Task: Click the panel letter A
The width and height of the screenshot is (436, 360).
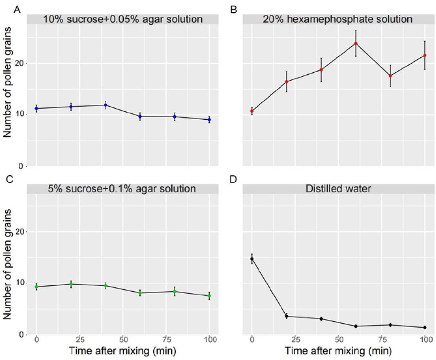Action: pos(17,10)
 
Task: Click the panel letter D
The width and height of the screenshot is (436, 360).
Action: pos(233,179)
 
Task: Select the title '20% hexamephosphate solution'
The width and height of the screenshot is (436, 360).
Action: pos(338,19)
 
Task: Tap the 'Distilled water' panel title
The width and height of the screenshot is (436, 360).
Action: pos(338,189)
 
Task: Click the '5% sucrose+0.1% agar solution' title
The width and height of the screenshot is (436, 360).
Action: pos(122,189)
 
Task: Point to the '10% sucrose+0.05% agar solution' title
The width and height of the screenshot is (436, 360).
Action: pos(123,19)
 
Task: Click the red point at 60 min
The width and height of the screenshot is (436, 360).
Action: pos(356,43)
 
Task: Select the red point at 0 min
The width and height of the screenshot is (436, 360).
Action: pos(252,111)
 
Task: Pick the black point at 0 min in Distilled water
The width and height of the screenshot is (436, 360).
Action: pos(252,259)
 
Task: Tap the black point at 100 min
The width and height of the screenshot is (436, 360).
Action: pos(425,328)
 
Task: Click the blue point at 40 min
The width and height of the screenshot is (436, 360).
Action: pos(106,105)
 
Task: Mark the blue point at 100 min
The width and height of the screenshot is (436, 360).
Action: pos(209,120)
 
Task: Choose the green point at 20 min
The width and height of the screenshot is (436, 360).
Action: pos(71,284)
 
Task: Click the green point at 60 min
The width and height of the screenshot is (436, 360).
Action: pos(140,293)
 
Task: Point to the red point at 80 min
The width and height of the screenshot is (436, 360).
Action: pos(390,76)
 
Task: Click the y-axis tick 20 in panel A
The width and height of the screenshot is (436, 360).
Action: pos(21,63)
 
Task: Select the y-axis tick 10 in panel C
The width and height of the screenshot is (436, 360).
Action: pos(21,283)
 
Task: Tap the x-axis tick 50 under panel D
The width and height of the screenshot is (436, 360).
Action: pos(339,340)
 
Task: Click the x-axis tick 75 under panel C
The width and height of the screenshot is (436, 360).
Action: pos(167,340)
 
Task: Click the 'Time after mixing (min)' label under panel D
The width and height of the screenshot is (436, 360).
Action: pos(338,350)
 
